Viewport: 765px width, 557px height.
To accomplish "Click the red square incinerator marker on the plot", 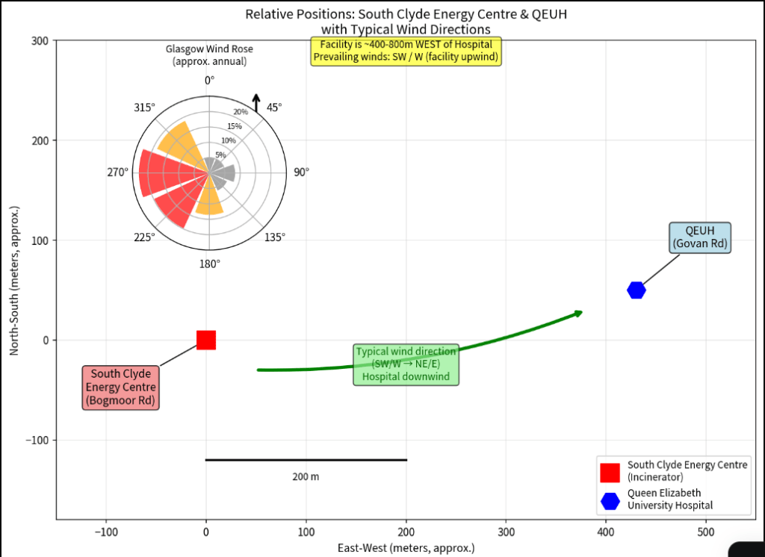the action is (206, 340).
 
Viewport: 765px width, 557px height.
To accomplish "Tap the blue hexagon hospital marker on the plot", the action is (637, 290).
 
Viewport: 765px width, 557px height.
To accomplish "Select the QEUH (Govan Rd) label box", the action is (699, 237).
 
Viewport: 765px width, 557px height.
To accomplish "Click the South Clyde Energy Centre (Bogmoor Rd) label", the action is (120, 388).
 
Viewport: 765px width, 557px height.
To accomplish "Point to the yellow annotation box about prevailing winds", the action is (406, 51).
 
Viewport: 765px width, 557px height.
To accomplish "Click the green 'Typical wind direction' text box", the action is (406, 364).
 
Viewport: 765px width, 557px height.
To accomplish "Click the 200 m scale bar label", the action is (306, 476).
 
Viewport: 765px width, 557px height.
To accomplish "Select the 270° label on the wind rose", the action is (117, 172).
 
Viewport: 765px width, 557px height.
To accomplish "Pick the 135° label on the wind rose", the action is (275, 237).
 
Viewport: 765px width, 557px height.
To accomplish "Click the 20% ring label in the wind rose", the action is (241, 112).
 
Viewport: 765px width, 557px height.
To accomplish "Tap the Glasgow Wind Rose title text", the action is (209, 55).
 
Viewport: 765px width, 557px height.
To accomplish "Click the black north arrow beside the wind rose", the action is (256, 103).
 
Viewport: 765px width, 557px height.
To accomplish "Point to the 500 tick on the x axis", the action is (706, 532).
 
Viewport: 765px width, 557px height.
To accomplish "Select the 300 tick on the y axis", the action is (40, 40).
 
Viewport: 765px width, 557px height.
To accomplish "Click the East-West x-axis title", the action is (406, 548).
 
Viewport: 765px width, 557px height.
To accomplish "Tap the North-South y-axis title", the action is (14, 281).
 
